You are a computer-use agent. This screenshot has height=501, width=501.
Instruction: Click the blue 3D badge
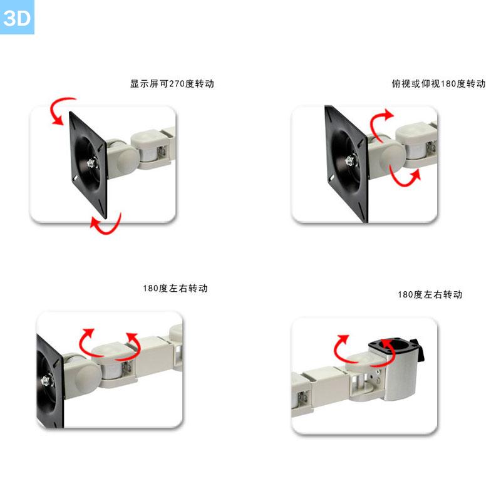pyautogui.click(x=17, y=17)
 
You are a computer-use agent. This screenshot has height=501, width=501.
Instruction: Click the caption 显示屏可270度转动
pyautogui.click(x=172, y=84)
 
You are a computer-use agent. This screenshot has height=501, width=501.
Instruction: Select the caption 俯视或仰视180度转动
pyautogui.click(x=439, y=84)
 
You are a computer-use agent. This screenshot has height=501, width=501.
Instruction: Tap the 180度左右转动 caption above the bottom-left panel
pyautogui.click(x=175, y=288)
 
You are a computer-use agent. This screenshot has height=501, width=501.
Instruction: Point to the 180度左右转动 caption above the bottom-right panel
pyautogui.click(x=430, y=294)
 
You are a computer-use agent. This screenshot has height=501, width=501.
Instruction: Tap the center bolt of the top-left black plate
pyautogui.click(x=92, y=163)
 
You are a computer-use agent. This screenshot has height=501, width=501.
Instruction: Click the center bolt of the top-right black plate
pyautogui.click(x=351, y=160)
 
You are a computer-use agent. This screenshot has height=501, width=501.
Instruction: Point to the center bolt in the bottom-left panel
pyautogui.click(x=45, y=380)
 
